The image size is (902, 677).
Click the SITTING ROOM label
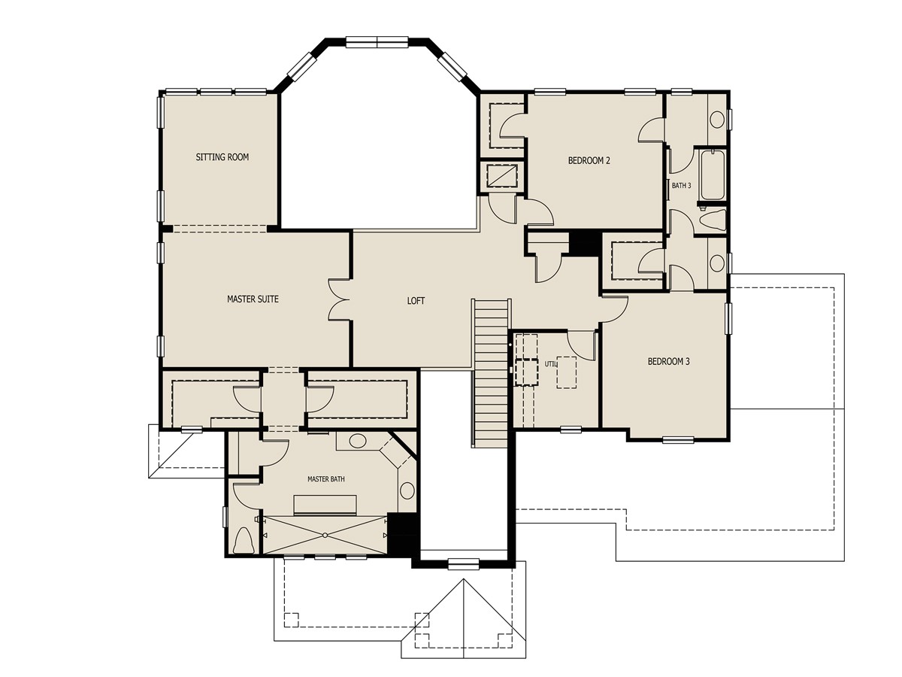222,157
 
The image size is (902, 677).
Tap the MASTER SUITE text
253,299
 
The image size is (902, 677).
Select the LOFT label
416,301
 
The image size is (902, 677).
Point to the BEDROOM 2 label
588,160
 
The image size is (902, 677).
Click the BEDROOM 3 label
668,362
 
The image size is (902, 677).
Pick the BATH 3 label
680,185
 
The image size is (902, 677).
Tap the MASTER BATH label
325,478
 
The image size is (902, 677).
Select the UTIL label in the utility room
552,363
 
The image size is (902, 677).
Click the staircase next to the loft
492,369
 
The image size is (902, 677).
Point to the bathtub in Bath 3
712,175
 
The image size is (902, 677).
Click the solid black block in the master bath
402,535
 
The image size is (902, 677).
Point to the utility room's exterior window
571,430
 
